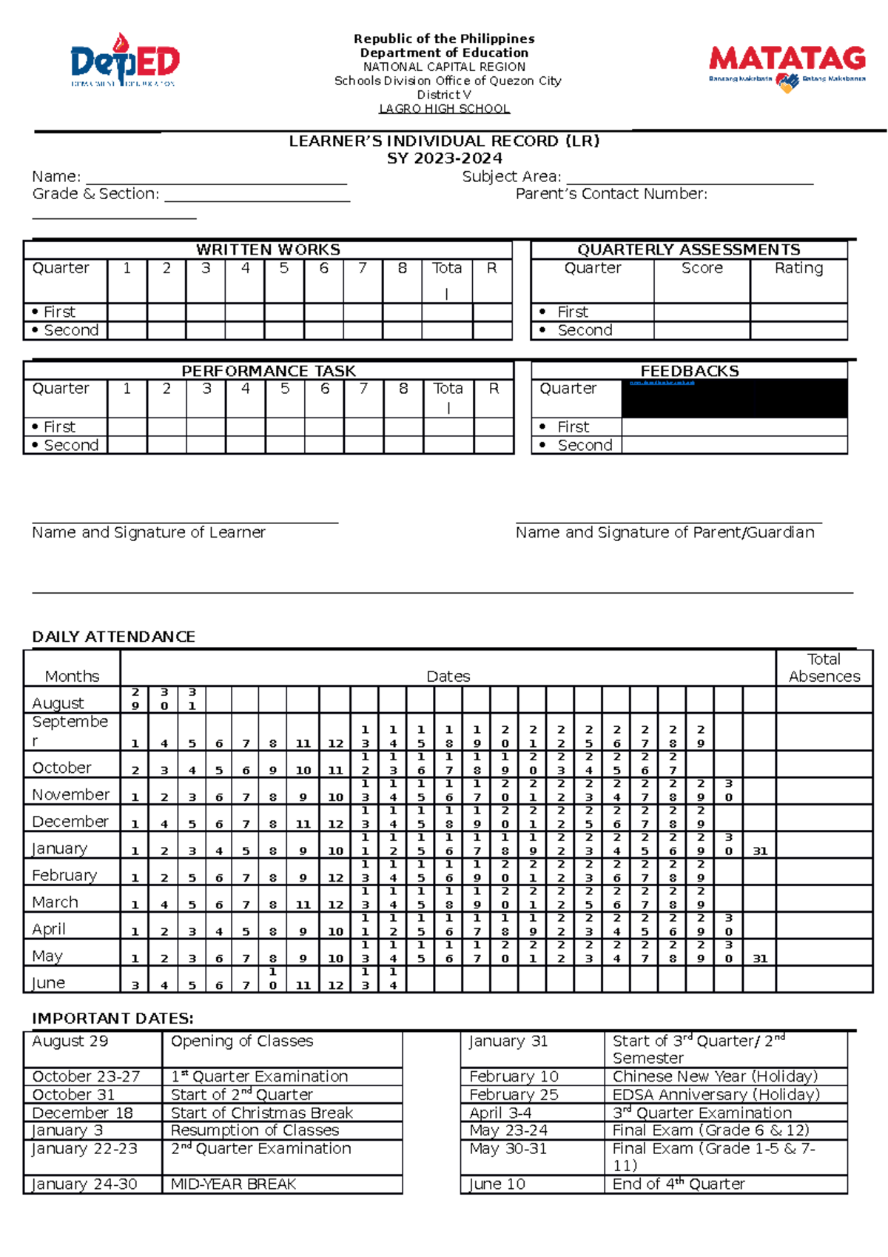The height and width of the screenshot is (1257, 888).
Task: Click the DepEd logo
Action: click(124, 61)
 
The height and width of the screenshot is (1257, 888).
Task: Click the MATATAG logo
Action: click(787, 67)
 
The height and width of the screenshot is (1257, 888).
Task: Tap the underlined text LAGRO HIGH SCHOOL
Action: click(444, 109)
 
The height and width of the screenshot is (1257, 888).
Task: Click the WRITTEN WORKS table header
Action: click(268, 249)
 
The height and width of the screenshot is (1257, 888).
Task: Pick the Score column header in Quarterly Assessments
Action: click(702, 268)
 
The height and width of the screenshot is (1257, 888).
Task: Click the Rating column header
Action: click(798, 268)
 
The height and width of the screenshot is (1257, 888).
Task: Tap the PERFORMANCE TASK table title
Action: click(269, 371)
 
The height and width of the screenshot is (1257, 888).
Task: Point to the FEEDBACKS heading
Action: click(689, 371)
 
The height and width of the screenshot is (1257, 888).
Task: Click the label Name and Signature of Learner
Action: click(149, 532)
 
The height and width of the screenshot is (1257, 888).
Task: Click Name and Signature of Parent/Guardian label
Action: click(665, 532)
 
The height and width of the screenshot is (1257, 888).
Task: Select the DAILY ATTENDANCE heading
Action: click(114, 637)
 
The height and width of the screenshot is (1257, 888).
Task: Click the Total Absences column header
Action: click(824, 668)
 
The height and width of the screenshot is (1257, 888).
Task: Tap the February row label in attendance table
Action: click(64, 875)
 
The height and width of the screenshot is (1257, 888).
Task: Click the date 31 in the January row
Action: click(760, 851)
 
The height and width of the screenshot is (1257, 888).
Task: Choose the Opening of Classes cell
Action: click(242, 1041)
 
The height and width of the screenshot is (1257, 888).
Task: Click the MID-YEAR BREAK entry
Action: click(233, 1184)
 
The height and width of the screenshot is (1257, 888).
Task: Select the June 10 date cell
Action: click(497, 1184)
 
